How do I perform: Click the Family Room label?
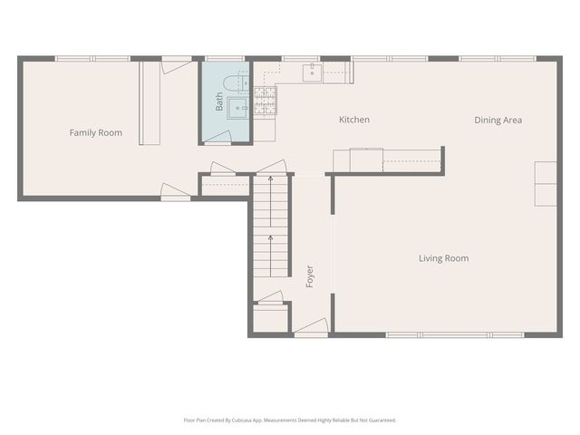pyautogui.click(x=96, y=132)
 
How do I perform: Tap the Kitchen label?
pyautogui.click(x=354, y=120)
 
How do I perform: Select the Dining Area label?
pyautogui.click(x=498, y=120)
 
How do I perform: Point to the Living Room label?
pyautogui.click(x=444, y=258)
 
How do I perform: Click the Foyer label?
pyautogui.click(x=310, y=276)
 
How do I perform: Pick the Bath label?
pyautogui.click(x=219, y=101)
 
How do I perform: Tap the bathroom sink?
pyautogui.click(x=237, y=108)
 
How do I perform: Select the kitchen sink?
pyautogui.click(x=313, y=72)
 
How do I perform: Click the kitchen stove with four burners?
pyautogui.click(x=265, y=101)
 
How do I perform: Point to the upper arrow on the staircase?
pyautogui.click(x=270, y=201)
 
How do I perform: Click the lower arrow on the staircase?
pyautogui.click(x=270, y=256)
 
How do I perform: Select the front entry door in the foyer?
pyautogui.click(x=311, y=327)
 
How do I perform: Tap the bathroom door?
pyautogui.click(x=218, y=137)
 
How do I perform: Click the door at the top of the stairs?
pyautogui.click(x=272, y=167)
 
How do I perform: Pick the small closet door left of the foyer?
pyautogui.click(x=270, y=298)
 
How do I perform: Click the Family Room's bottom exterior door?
pyautogui.click(x=175, y=192)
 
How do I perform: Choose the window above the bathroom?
pyautogui.click(x=225, y=58)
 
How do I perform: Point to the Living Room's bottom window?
pyautogui.click(x=455, y=335)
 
